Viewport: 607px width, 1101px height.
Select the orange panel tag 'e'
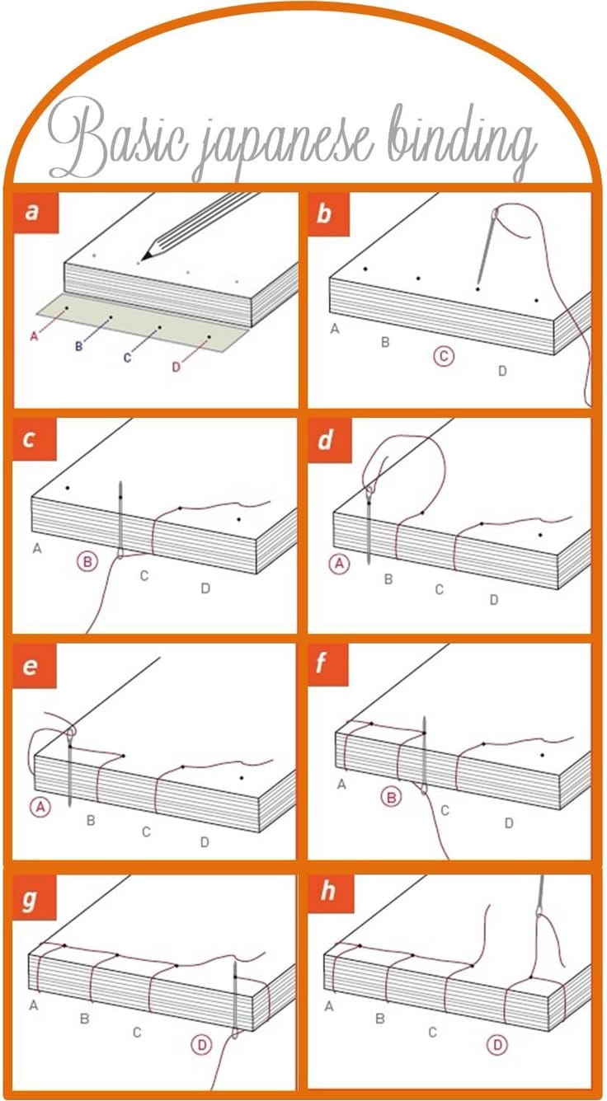(35, 667)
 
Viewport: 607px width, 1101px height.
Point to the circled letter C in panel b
(444, 356)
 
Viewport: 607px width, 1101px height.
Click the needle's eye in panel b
(496, 213)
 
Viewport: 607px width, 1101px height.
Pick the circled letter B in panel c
(87, 561)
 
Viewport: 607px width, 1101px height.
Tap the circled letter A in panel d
(340, 564)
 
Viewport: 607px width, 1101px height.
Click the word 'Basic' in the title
(117, 138)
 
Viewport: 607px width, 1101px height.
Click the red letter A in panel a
(34, 336)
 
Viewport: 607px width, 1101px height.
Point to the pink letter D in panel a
(176, 368)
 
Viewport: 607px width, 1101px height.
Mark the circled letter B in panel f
(392, 797)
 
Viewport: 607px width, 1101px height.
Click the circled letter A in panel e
(40, 807)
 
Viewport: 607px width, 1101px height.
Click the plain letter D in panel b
(502, 371)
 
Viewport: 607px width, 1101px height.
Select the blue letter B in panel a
(78, 346)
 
